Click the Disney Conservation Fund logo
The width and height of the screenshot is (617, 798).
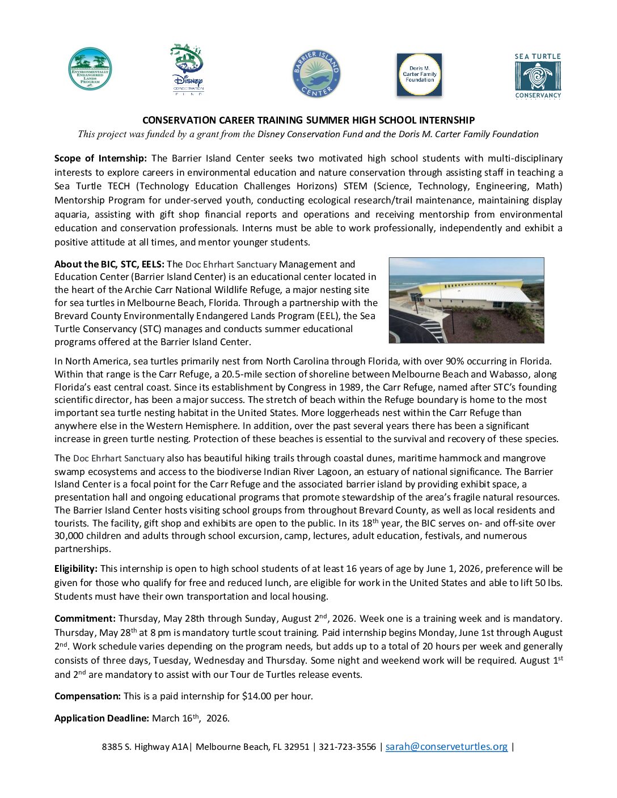(x=187, y=69)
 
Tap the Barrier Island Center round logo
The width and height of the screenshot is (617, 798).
(x=316, y=73)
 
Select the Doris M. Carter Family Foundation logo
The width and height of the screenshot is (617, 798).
(x=419, y=75)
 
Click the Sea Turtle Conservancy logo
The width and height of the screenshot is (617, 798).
(x=538, y=76)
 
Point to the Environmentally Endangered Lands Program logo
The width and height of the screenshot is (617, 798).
(x=90, y=69)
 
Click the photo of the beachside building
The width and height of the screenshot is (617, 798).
(x=466, y=300)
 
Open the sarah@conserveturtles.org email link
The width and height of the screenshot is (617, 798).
(x=446, y=746)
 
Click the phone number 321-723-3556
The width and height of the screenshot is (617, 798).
(x=347, y=746)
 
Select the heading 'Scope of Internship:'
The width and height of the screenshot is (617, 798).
(x=100, y=158)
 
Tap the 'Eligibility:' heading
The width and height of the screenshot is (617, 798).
(x=76, y=568)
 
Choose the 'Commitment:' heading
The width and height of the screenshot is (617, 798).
(x=85, y=618)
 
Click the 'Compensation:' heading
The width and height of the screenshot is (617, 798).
(x=87, y=696)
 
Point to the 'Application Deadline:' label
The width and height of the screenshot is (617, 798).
(x=102, y=718)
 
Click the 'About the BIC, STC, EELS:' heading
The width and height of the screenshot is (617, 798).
(x=109, y=264)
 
